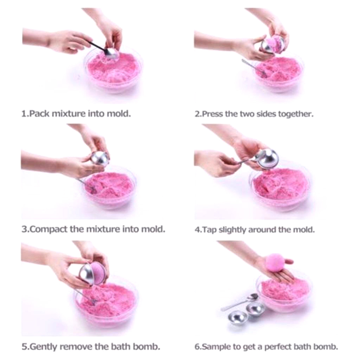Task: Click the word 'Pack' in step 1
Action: click(40, 114)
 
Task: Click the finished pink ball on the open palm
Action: click(276, 262)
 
